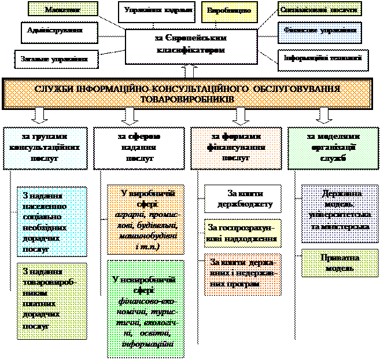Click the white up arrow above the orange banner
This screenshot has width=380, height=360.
coord(189,71)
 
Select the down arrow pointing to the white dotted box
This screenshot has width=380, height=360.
coord(39,115)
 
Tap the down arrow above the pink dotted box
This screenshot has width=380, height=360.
coord(239,115)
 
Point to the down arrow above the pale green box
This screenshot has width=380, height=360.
coord(324,115)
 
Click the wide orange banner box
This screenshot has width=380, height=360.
coord(188,94)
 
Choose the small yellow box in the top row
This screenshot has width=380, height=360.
coord(222,12)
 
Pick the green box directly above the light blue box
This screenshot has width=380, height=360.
coord(319,9)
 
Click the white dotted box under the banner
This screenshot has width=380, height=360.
coord(46,148)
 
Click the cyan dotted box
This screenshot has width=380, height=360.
coord(51,222)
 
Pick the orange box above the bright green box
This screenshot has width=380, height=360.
coord(145,220)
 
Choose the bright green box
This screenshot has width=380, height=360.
coord(145,309)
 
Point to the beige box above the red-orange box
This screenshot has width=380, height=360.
coord(242,233)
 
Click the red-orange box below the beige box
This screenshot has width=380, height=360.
coord(242,275)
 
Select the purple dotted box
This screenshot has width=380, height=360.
coord(339,214)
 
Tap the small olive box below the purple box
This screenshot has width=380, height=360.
coord(339,263)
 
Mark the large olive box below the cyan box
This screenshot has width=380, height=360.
coord(51,301)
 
